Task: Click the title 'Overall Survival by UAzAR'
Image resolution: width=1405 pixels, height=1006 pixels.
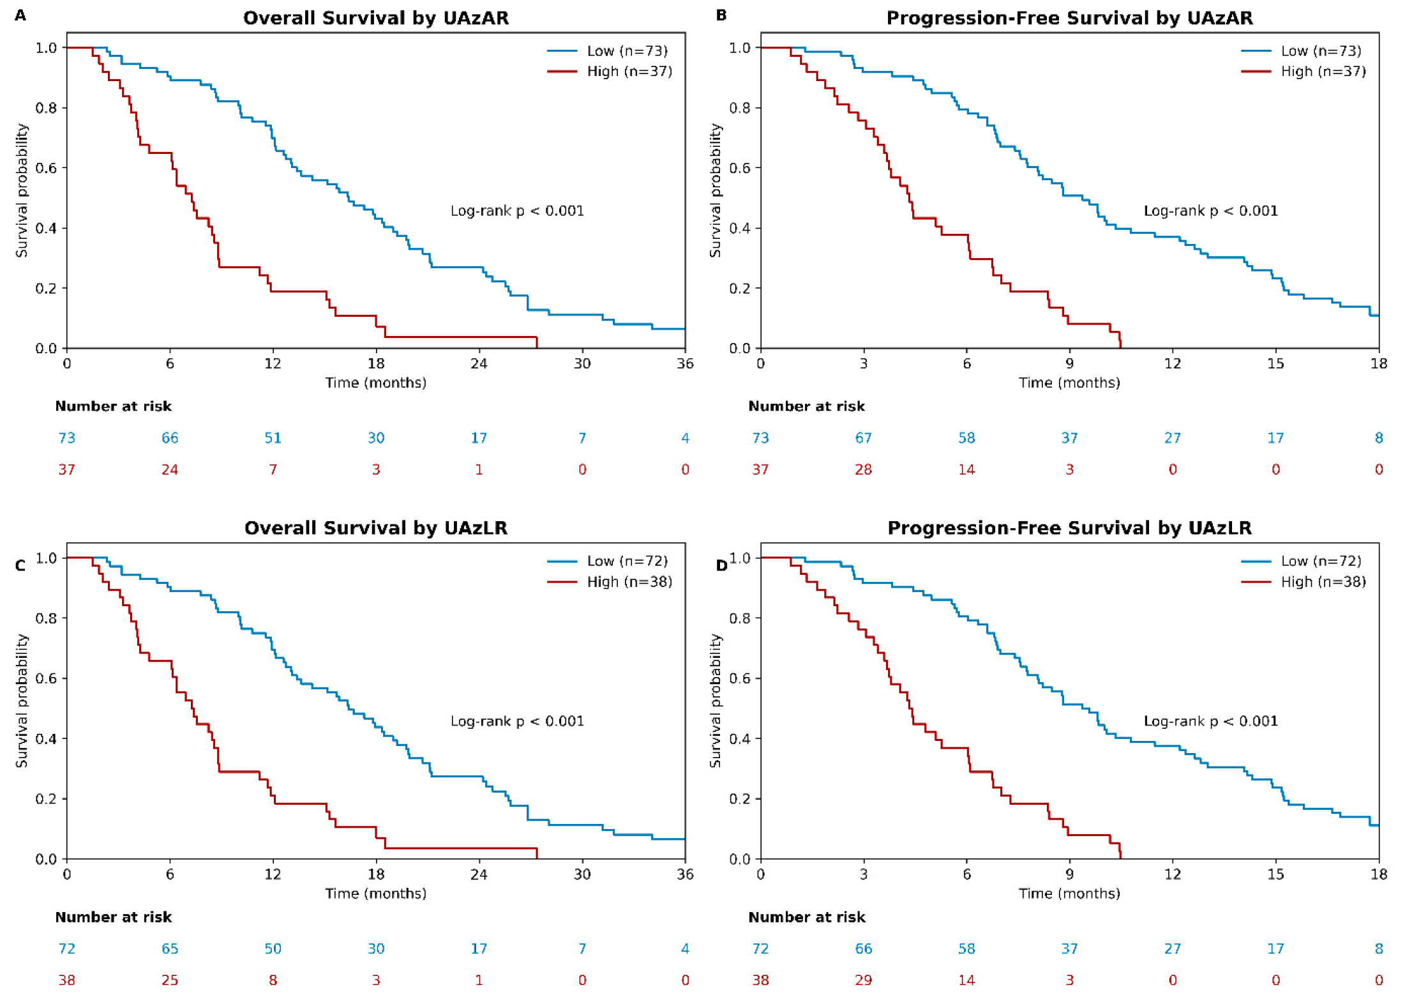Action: (376, 18)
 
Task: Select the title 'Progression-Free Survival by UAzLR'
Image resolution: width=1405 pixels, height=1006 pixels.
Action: (1069, 528)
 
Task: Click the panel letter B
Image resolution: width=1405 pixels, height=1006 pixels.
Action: (721, 15)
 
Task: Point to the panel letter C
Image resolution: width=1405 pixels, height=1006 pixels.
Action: (20, 566)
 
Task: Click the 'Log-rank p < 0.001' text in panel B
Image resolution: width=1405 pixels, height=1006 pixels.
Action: (1210, 211)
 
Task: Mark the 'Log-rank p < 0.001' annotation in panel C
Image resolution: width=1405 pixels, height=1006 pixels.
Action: (517, 721)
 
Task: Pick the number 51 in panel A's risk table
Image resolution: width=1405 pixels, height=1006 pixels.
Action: (273, 438)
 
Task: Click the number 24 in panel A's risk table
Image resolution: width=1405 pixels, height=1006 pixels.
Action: (170, 470)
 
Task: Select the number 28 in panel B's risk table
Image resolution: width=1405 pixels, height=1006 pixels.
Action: (863, 470)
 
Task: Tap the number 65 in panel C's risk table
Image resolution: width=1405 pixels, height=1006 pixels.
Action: (170, 949)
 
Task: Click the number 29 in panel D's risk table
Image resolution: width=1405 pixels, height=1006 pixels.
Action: (863, 980)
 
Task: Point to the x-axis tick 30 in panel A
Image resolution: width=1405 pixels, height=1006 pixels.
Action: (582, 364)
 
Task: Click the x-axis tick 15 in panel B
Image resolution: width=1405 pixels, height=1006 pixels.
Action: (1275, 364)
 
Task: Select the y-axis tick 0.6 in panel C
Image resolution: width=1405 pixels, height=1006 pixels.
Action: (46, 678)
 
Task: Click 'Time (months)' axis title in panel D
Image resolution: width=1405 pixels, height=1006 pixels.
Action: (1069, 894)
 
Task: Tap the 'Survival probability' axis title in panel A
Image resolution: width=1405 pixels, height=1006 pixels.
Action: (22, 190)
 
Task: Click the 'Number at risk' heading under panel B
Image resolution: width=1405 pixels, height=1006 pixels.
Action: (806, 406)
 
